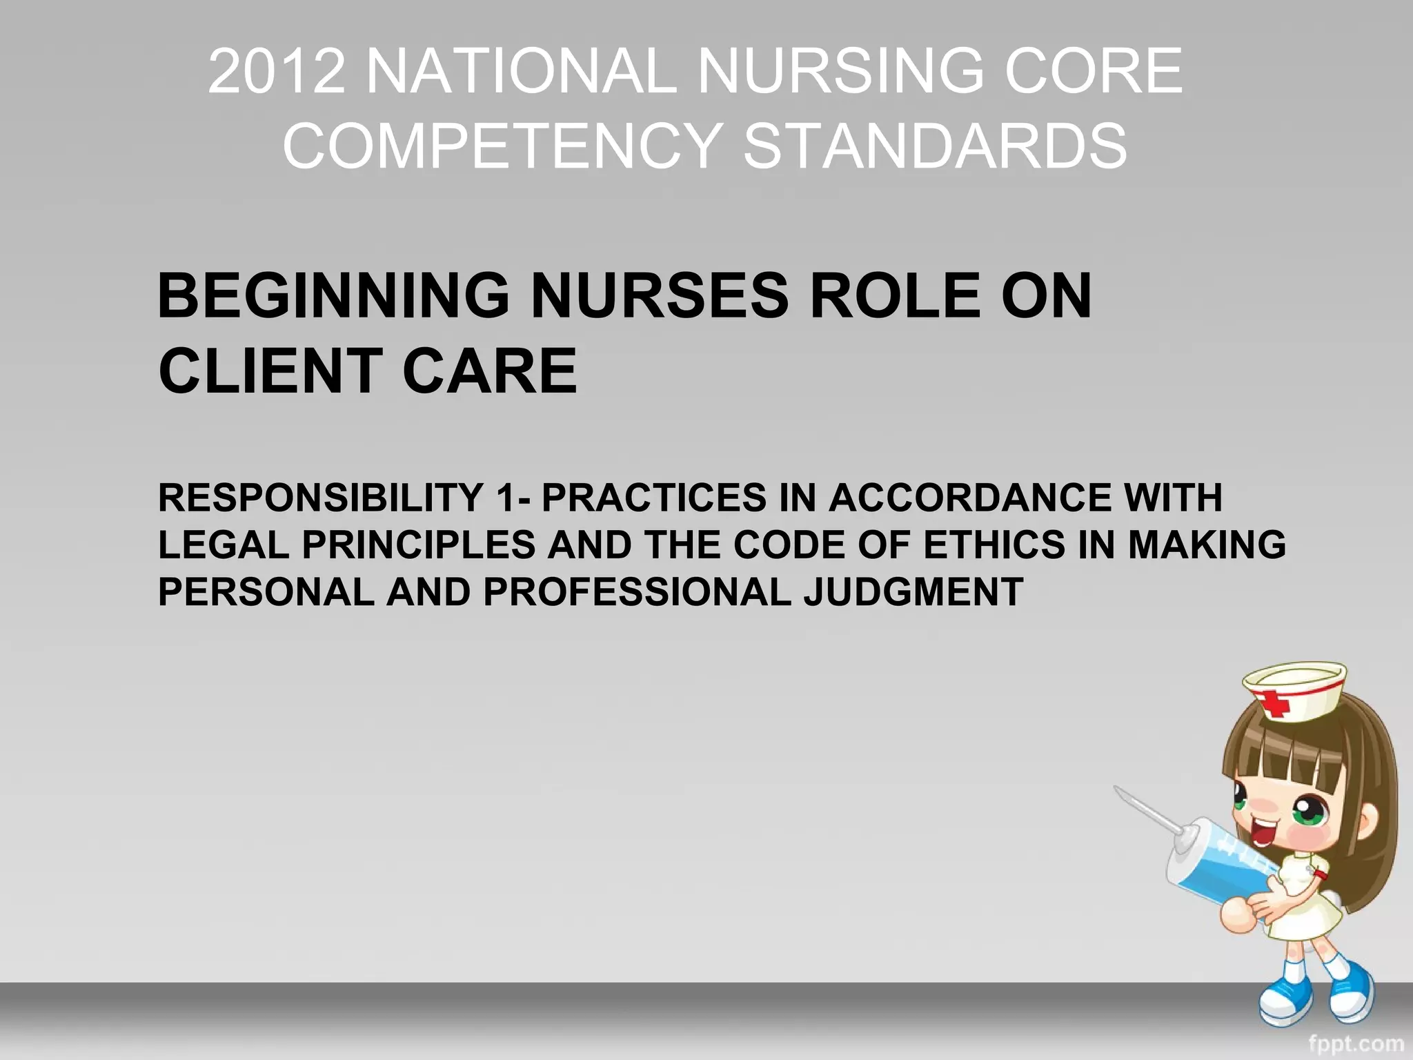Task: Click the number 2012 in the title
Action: (x=276, y=70)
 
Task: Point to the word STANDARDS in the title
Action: (x=935, y=146)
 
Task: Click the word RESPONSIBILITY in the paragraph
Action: (x=321, y=498)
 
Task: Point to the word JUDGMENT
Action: (x=913, y=591)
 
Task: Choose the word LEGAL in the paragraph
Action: (x=224, y=544)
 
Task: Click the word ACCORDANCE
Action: (x=969, y=498)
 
